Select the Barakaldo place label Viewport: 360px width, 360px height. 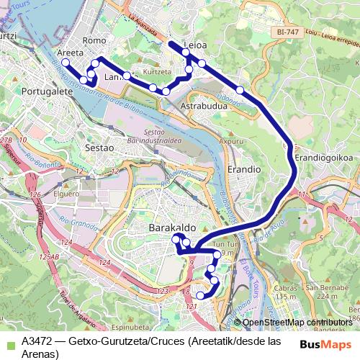pyautogui.click(x=172, y=227)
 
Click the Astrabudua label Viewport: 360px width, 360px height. pyautogui.click(x=204, y=105)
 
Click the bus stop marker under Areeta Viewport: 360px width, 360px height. pyautogui.click(x=66, y=63)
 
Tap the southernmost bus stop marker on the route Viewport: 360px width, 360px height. pyautogui.click(x=201, y=295)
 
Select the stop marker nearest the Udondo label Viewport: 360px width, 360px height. pyautogui.click(x=240, y=90)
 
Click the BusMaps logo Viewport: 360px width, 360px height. pyautogui.click(x=325, y=343)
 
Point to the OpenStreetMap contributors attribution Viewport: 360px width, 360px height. pyautogui.click(x=297, y=322)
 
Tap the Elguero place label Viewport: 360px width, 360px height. pyautogui.click(x=66, y=194)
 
